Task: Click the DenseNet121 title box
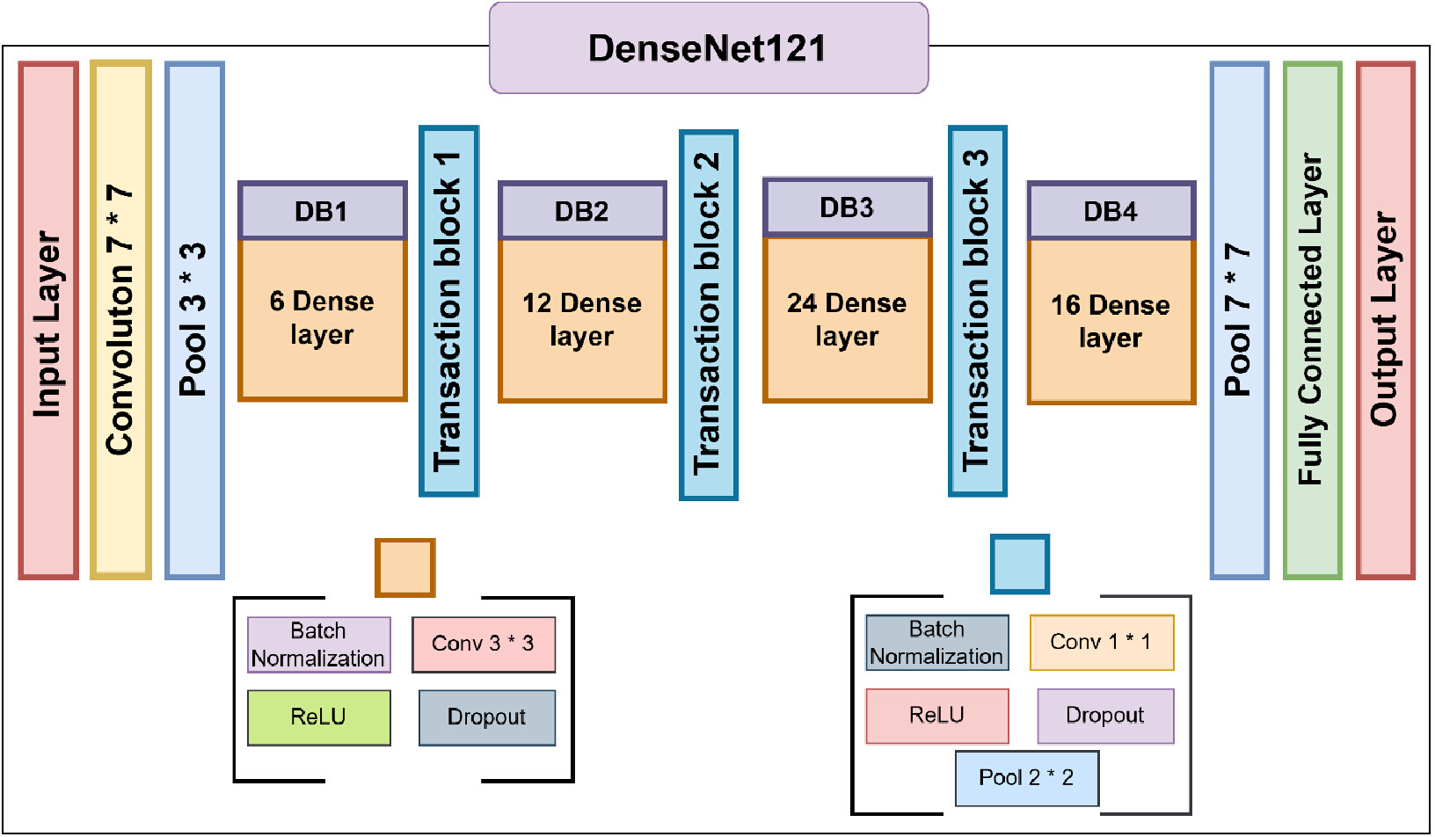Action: coord(709,48)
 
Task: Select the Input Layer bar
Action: coord(48,320)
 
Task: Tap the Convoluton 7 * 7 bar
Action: coord(121,319)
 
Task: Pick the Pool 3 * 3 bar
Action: coord(194,320)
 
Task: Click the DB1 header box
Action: coord(323,210)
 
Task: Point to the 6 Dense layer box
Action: coord(323,319)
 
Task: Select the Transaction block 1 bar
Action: coord(449,311)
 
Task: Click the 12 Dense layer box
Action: coord(582,320)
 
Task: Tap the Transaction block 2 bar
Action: coord(709,315)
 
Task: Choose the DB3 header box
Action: coord(847,207)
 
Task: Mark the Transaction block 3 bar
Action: coord(978,311)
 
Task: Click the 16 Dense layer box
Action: coord(1111,322)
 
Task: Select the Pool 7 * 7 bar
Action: coord(1240,320)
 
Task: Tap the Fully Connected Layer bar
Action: coord(1313,320)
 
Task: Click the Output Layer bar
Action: coord(1386,320)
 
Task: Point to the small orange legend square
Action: coord(405,567)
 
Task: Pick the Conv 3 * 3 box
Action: coord(484,644)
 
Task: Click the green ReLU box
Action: coord(319,717)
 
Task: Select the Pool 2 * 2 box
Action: coord(1027,778)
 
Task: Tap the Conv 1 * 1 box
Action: coord(1102,643)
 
